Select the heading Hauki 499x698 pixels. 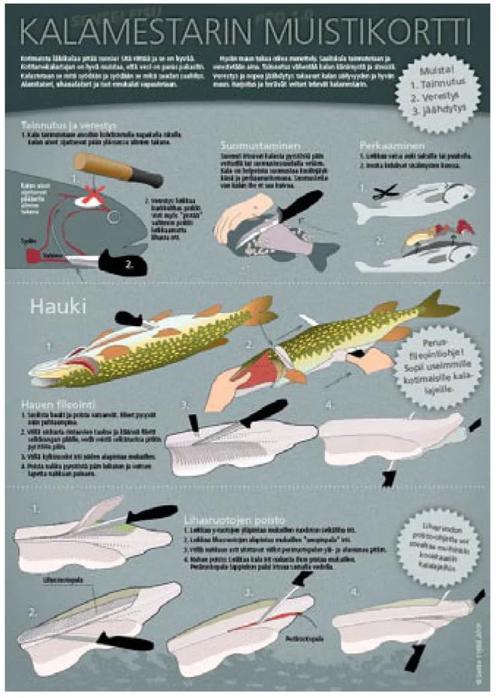[54, 306]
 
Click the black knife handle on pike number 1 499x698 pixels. [129, 318]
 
